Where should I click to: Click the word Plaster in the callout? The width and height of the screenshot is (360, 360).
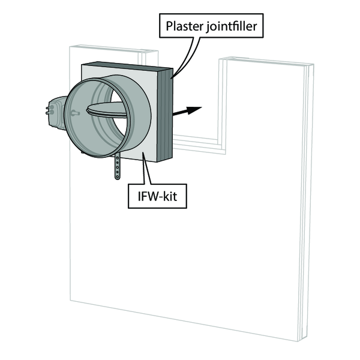pyautogui.click(x=185, y=26)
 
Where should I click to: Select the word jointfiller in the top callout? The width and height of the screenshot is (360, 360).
pyautogui.click(x=231, y=26)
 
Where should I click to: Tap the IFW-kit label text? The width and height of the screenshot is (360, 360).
pyautogui.click(x=157, y=196)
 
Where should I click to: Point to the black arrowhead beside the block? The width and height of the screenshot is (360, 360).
pyautogui.click(x=194, y=110)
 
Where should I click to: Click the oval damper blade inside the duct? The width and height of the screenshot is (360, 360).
pyautogui.click(x=106, y=110)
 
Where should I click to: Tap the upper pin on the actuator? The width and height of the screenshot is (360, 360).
pyautogui.click(x=50, y=107)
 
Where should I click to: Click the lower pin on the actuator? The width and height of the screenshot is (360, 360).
pyautogui.click(x=50, y=112)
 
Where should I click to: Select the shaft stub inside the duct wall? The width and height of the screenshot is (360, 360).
pyautogui.click(x=76, y=113)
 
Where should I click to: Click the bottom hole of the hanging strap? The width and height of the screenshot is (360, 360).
pyautogui.click(x=118, y=176)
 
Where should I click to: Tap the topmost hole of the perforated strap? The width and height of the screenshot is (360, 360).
pyautogui.click(x=118, y=158)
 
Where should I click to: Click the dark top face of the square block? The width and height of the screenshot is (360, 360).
pyautogui.click(x=127, y=66)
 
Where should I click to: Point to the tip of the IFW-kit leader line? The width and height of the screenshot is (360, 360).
pyautogui.click(x=143, y=152)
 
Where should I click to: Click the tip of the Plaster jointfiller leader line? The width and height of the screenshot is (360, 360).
pyautogui.click(x=171, y=78)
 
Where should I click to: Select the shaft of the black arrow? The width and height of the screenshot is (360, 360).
pyautogui.click(x=179, y=113)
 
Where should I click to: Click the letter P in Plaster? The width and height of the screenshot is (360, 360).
pyautogui.click(x=169, y=26)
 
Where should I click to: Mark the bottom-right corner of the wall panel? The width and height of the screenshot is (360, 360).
pyautogui.click(x=298, y=341)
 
